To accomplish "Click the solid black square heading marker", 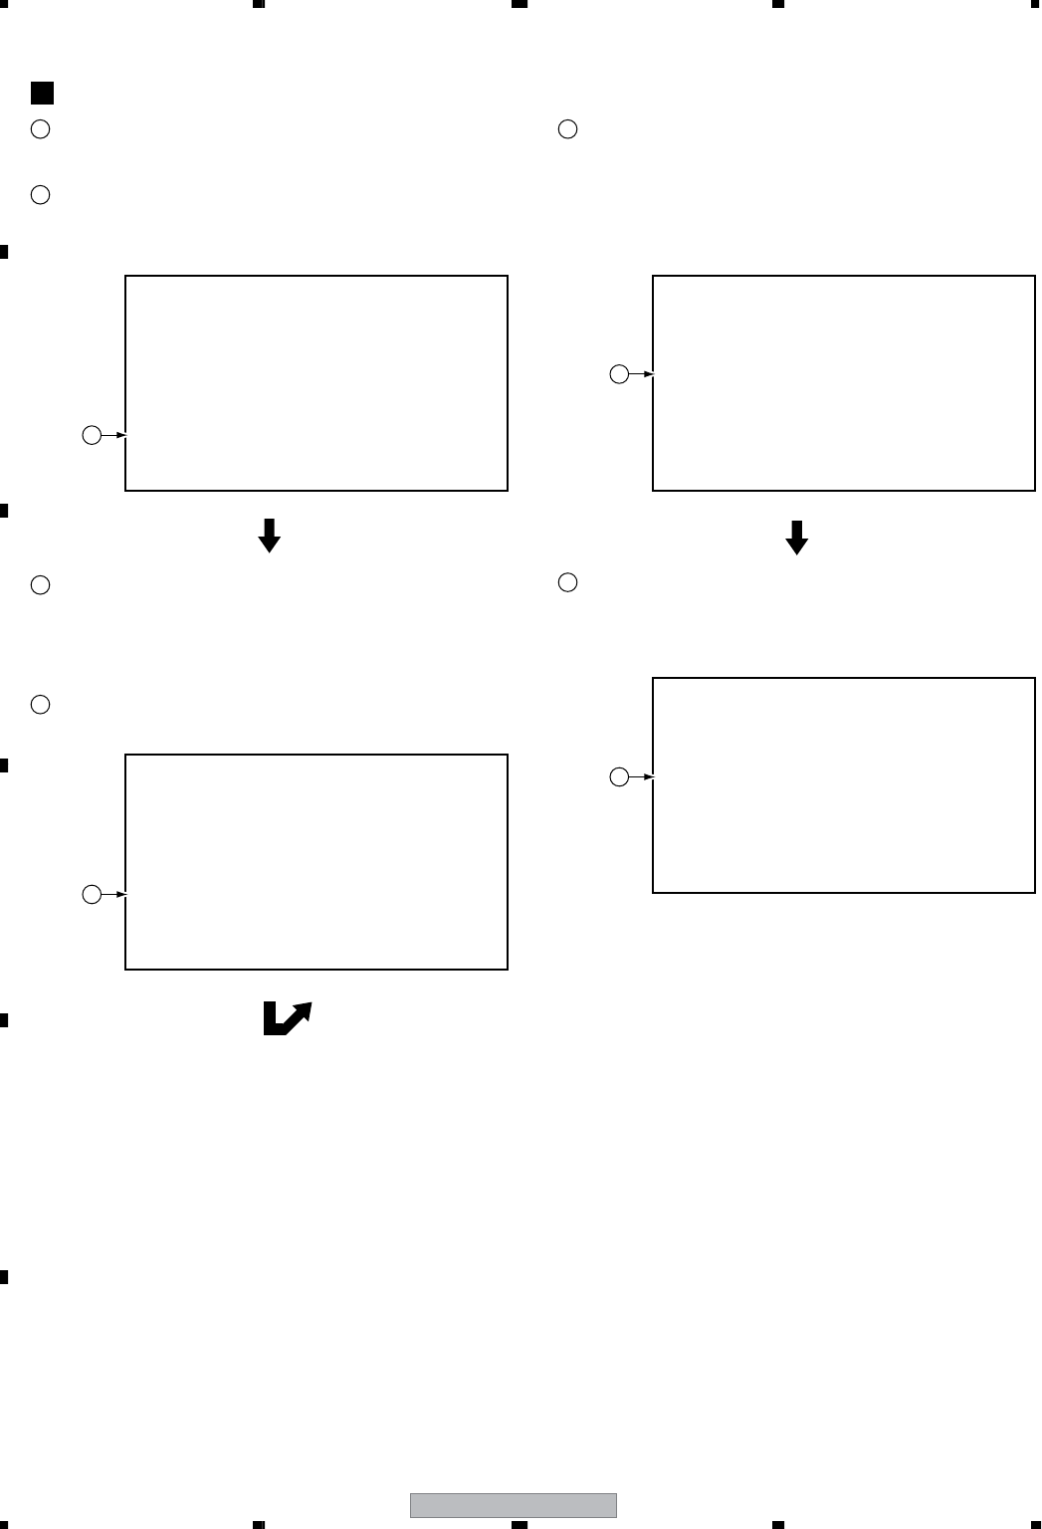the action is point(42,94).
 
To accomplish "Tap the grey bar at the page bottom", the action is point(514,1505).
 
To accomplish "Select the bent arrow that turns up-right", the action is point(287,1018).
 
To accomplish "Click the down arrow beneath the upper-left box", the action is point(269,536).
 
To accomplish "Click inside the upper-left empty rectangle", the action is point(316,383).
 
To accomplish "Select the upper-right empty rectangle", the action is point(843,383).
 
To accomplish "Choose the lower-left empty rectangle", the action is point(316,862).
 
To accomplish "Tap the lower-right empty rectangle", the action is point(843,785).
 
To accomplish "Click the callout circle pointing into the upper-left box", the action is point(91,435).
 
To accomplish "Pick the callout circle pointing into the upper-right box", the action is point(619,374).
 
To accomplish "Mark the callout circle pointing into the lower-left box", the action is point(91,894).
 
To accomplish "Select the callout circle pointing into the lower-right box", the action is point(619,776).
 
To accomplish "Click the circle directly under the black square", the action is point(40,129).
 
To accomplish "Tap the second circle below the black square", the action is point(40,195).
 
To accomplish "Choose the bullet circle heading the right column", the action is point(567,129).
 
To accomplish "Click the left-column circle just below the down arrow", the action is point(40,585).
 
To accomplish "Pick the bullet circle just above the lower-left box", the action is point(40,705).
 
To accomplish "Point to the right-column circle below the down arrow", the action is point(567,582).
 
